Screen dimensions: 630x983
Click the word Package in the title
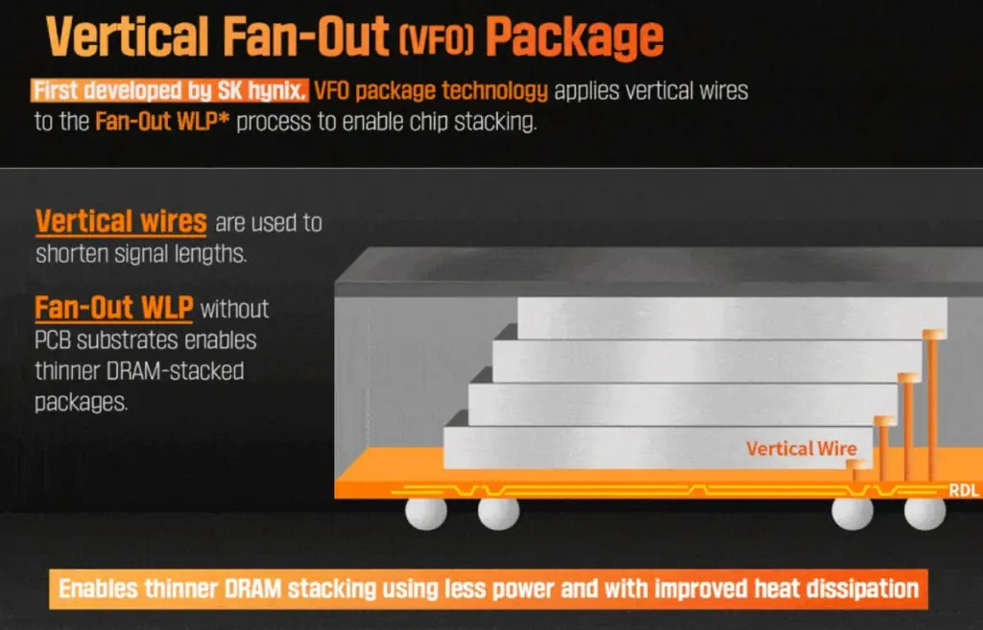(x=574, y=36)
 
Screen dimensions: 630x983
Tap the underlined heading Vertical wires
(x=121, y=222)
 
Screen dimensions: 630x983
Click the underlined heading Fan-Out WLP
(x=114, y=308)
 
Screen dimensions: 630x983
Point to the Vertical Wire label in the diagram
(x=802, y=448)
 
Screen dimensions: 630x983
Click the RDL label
(x=963, y=491)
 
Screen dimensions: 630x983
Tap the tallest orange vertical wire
(x=930, y=403)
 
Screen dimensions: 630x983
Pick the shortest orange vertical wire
(x=857, y=471)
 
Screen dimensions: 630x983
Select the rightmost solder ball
(x=924, y=513)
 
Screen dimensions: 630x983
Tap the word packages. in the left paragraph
(x=81, y=402)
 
